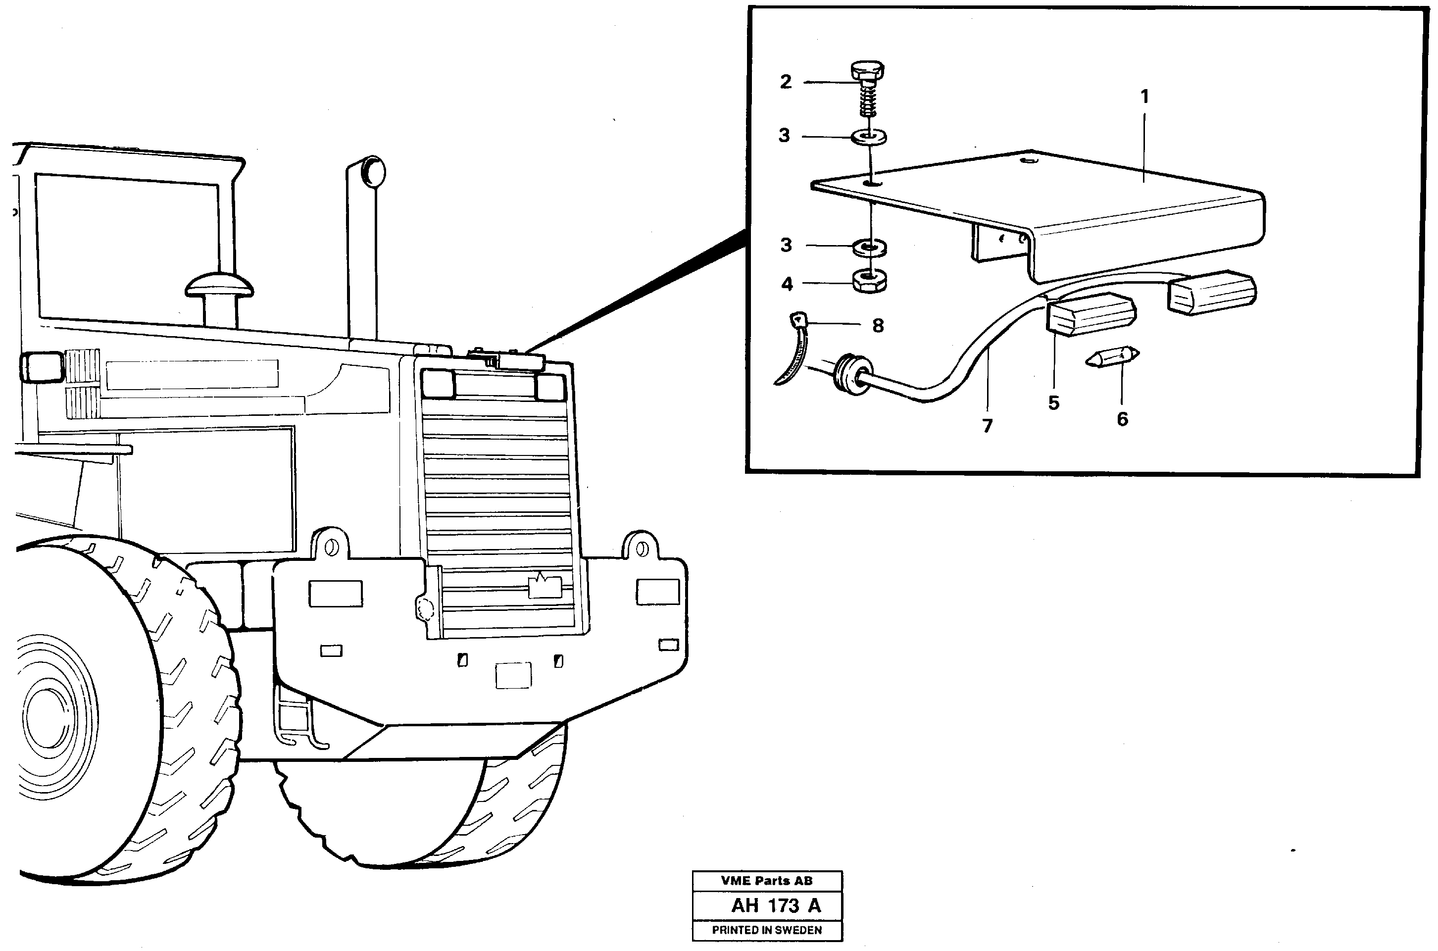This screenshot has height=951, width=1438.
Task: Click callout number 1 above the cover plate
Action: click(1144, 97)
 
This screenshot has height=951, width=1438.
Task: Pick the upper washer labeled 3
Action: click(869, 137)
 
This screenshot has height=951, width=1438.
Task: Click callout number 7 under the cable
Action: click(988, 426)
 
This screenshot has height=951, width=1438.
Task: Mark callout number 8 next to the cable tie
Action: click(878, 326)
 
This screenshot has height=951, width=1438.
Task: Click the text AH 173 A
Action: click(776, 905)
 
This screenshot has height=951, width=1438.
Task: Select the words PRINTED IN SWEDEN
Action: click(767, 930)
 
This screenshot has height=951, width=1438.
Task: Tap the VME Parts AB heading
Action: click(767, 881)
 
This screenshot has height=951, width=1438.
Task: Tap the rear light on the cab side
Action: click(41, 367)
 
